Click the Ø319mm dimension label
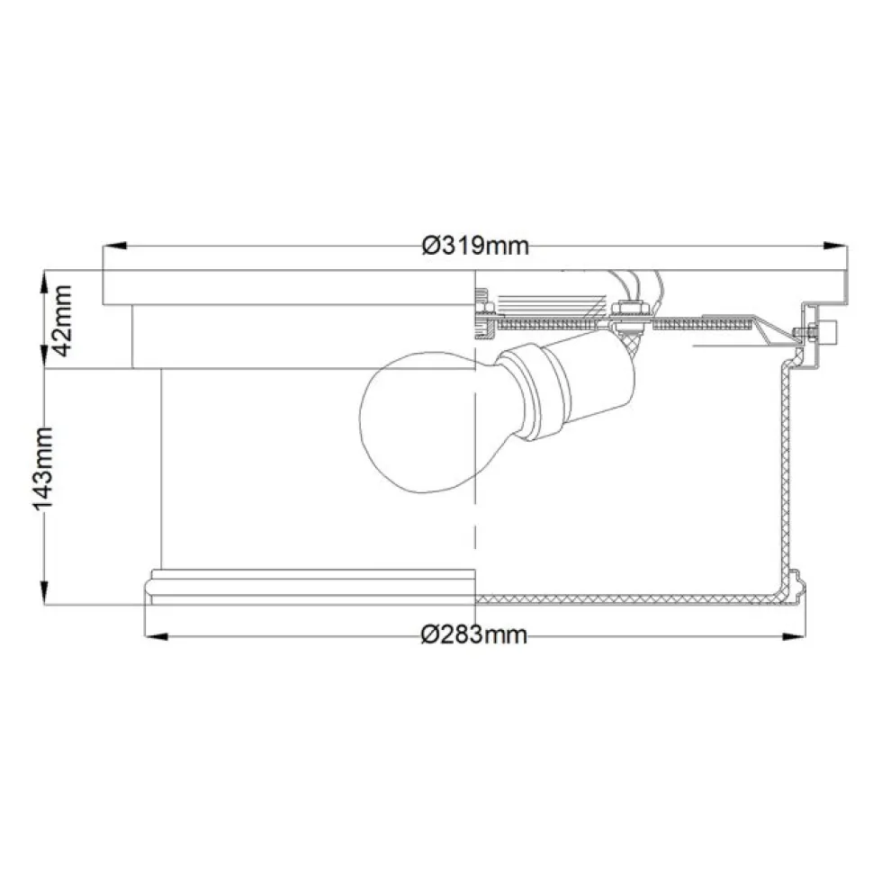475,246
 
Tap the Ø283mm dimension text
475,635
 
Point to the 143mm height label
43,469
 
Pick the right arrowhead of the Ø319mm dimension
835,247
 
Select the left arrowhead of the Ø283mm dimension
157,637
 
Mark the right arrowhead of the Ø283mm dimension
795,637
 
